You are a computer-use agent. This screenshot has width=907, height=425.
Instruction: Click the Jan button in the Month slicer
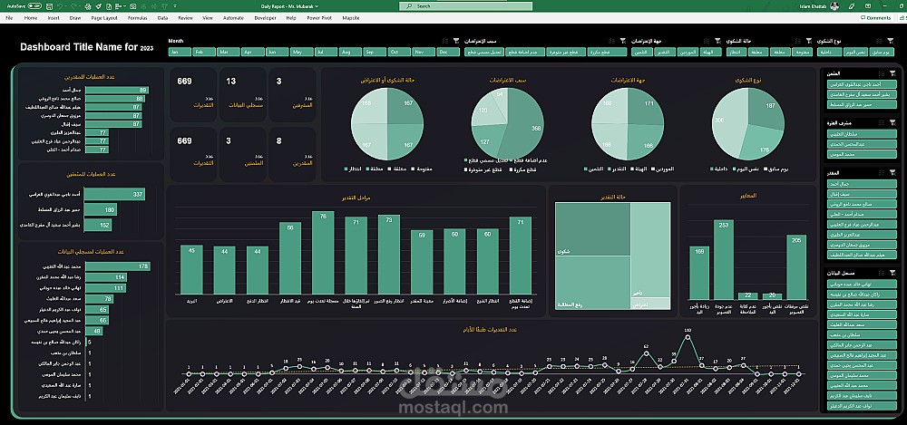[x=180, y=53]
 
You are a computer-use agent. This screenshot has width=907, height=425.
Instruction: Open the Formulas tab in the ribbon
[x=138, y=17]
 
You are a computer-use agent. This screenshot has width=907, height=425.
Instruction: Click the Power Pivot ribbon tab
[x=317, y=17]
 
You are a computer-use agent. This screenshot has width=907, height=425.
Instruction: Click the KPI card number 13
[x=231, y=82]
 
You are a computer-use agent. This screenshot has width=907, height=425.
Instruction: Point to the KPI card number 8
[x=278, y=140]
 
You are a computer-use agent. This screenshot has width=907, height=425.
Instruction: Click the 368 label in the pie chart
[x=536, y=129]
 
